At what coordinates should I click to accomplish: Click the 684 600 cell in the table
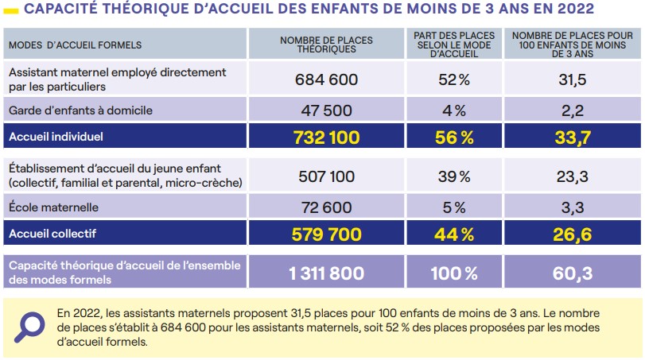[x=326, y=79]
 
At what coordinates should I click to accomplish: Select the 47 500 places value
[x=326, y=110]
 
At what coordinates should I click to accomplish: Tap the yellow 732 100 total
[x=326, y=137]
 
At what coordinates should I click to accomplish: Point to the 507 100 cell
[x=326, y=176]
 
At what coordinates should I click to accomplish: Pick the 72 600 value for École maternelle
[x=326, y=207]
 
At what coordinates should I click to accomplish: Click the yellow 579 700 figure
[x=326, y=234]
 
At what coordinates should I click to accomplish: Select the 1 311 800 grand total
[x=326, y=273]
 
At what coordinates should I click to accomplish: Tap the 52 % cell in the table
[x=453, y=79]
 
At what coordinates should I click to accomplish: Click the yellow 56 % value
[x=453, y=137]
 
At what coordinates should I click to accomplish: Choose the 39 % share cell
[x=453, y=176]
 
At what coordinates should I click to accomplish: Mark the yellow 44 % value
[x=453, y=234]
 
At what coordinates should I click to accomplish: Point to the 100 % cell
[x=453, y=273]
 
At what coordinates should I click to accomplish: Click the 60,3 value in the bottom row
[x=572, y=273]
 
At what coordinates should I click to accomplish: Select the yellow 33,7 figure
[x=572, y=137]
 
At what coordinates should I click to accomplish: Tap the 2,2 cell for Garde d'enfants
[x=572, y=110]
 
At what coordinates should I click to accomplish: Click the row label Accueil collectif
[x=52, y=234]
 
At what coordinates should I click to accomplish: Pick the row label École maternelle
[x=53, y=207]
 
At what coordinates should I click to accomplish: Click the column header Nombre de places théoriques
[x=326, y=45]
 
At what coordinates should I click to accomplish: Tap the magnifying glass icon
[x=29, y=327]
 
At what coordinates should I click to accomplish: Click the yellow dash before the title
[x=10, y=11]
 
